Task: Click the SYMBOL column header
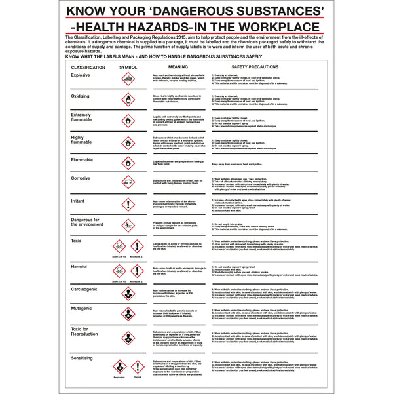click(128, 67)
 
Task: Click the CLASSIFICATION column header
click(88, 67)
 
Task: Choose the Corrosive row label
click(81, 178)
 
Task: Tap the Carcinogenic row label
click(85, 288)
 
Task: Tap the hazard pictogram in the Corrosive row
click(128, 182)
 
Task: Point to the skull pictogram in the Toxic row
click(119, 246)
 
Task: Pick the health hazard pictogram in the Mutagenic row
click(128, 315)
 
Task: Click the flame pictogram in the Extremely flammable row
click(128, 121)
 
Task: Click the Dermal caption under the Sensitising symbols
click(137, 378)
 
